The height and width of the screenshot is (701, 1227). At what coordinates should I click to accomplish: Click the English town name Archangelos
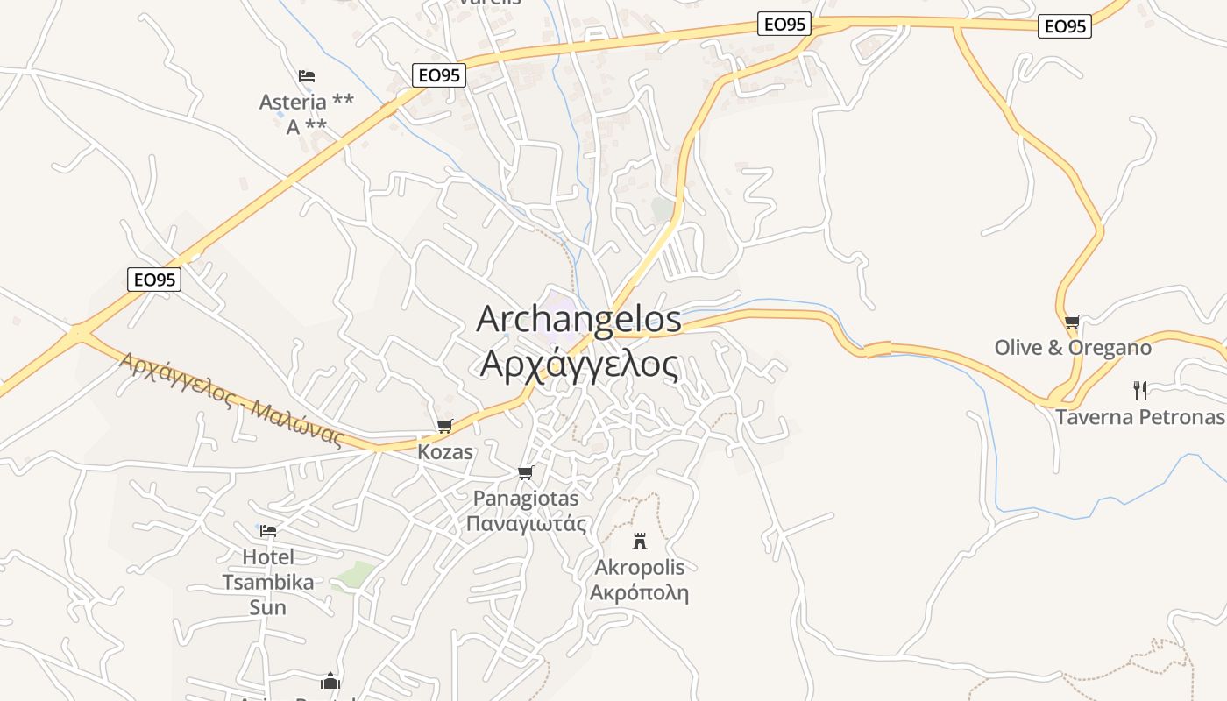pyautogui.click(x=578, y=319)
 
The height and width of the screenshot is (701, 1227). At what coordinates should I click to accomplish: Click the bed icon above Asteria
pyautogui.click(x=306, y=76)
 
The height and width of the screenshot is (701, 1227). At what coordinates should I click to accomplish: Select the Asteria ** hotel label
pyautogui.click(x=306, y=102)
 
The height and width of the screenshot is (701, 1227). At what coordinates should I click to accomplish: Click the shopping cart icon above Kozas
pyautogui.click(x=444, y=427)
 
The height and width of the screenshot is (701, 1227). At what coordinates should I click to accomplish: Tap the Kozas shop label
pyautogui.click(x=444, y=452)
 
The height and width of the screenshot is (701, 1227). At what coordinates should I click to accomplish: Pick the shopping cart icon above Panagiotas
pyautogui.click(x=525, y=473)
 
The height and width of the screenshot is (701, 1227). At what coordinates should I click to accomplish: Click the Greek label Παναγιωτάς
pyautogui.click(x=525, y=524)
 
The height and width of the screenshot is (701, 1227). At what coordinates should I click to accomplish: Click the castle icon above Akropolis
pyautogui.click(x=640, y=541)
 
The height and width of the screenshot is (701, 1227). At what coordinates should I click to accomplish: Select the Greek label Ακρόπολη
pyautogui.click(x=639, y=593)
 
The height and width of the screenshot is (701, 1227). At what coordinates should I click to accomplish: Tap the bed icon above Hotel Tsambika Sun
pyautogui.click(x=268, y=530)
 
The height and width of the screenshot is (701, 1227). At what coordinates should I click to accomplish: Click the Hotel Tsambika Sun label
pyautogui.click(x=267, y=581)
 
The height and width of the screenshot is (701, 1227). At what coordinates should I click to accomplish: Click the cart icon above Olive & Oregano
pyautogui.click(x=1072, y=322)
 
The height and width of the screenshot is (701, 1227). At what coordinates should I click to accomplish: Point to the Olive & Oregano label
pyautogui.click(x=1072, y=348)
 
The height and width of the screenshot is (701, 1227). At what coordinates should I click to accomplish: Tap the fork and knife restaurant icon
pyautogui.click(x=1139, y=390)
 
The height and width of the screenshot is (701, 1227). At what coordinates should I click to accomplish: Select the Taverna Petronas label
pyautogui.click(x=1139, y=416)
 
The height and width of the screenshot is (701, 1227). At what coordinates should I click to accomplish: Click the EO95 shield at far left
pyautogui.click(x=154, y=280)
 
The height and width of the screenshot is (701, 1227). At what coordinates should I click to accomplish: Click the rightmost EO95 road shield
pyautogui.click(x=1065, y=26)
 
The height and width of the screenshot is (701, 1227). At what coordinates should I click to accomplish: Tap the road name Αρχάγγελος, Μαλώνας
pyautogui.click(x=231, y=400)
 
